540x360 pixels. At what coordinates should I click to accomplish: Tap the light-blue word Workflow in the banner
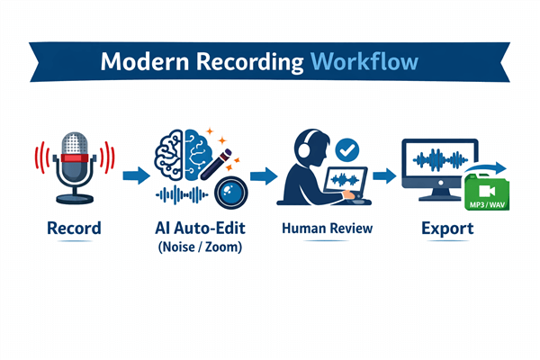click(x=364, y=62)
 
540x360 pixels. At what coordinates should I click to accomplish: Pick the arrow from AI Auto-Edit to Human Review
click(x=263, y=175)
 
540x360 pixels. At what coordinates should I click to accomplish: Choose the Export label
click(x=448, y=229)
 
